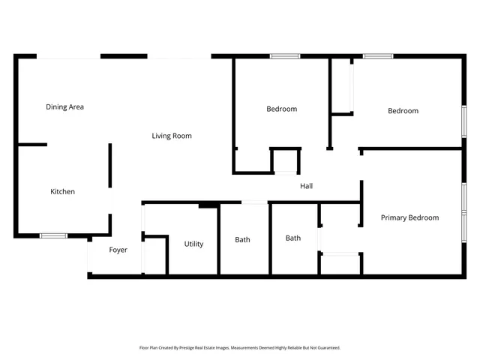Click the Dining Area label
64,107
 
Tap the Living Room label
172,136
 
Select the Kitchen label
62,192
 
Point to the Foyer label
118,250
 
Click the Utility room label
193,244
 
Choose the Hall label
306,186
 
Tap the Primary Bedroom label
409,217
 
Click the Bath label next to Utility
242,240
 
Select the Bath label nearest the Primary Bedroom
292,238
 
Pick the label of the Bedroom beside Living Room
281,109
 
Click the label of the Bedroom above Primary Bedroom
403,111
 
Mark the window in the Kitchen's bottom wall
53,235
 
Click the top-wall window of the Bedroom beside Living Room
285,56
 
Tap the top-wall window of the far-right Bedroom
378,56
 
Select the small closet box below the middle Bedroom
284,161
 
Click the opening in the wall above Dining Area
68,56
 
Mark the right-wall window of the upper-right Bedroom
463,121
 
